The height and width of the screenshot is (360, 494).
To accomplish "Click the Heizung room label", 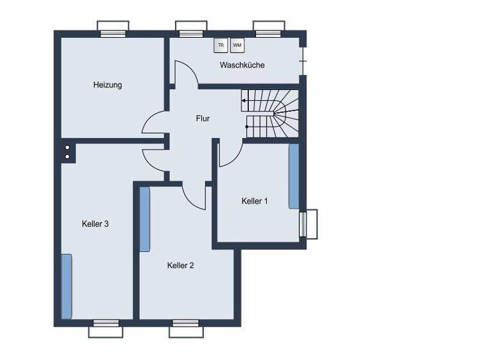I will [107, 85].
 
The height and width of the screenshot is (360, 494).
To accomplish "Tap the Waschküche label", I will [242, 65].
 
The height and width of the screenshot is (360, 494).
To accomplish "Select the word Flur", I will [203, 118].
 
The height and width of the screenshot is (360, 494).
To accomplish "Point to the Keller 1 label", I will [255, 201].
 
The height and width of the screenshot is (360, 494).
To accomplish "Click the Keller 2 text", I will [181, 265].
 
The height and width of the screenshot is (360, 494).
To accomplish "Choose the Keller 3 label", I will [95, 224].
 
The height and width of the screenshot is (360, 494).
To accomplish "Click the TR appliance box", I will [221, 45].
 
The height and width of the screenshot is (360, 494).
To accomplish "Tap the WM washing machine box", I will [237, 45].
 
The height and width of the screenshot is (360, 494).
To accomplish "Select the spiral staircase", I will [272, 114].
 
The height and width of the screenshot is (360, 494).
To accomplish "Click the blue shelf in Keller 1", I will [293, 175].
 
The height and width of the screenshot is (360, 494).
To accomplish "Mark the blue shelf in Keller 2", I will [145, 219].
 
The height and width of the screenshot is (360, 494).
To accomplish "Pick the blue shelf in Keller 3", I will [66, 286].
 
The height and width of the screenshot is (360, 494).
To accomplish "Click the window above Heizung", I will [113, 30].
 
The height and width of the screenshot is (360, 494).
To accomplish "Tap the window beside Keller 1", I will [309, 224].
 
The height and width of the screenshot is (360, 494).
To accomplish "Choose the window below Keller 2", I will [187, 328].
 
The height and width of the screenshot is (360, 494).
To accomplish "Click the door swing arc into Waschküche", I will [184, 72].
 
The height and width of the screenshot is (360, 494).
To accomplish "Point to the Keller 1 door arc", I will [230, 154].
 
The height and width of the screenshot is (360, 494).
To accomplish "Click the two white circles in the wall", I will [67, 152].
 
